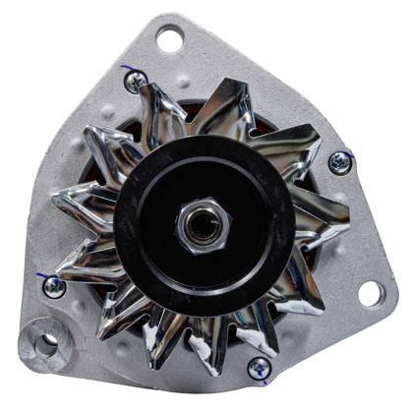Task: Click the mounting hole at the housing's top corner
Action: [169, 40]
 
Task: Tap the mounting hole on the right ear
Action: [370, 292]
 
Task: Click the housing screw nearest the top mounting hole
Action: [137, 82]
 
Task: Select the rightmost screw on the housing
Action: [340, 162]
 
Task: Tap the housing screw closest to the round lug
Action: [54, 286]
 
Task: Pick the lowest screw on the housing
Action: [259, 368]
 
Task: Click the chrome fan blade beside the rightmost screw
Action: [305, 157]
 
